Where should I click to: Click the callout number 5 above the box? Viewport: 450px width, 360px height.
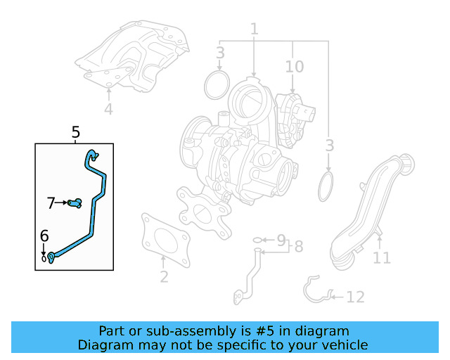75,132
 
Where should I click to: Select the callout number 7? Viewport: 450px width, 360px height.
51,203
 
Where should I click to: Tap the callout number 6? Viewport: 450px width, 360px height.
44,236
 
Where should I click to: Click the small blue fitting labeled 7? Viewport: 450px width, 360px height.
75,203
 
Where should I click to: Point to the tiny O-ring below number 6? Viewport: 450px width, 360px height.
44,259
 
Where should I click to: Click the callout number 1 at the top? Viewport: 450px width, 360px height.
255,29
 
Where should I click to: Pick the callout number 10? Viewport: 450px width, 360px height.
294,67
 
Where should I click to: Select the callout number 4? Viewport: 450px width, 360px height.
108,109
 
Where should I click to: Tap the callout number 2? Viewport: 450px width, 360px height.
164,276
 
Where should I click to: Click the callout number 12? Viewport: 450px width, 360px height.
356,297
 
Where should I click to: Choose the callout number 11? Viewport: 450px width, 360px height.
381,257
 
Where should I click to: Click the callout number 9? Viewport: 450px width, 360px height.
281,240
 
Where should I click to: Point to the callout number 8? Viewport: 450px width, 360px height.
298,246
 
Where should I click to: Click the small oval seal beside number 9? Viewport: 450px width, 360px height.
257,240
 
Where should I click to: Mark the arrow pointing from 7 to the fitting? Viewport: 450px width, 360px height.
61,202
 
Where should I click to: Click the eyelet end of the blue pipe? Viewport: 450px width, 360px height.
51,257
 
